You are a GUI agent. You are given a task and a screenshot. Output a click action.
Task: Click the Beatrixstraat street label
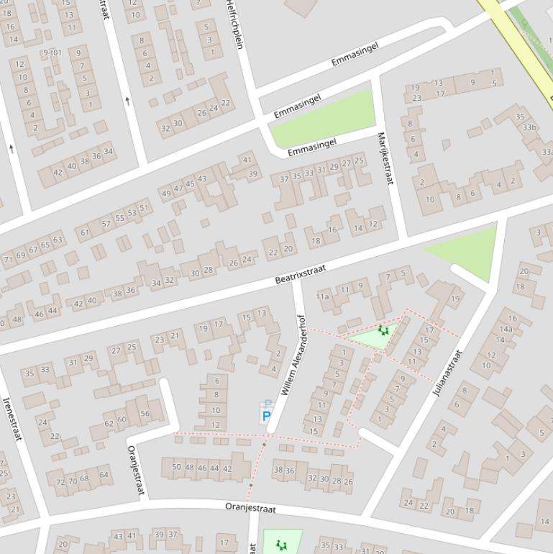point(300,273)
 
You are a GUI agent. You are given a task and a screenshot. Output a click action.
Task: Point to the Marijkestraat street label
point(385,158)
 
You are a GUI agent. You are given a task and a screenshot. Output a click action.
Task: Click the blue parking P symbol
point(266,416)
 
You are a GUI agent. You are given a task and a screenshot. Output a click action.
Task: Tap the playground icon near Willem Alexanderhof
point(383,330)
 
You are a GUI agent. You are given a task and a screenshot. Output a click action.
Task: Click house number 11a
point(322,296)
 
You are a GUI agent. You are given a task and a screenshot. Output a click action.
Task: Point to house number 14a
point(506,329)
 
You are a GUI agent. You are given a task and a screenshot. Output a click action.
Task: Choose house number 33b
point(530,127)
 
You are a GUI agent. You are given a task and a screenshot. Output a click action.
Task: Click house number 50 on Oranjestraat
point(176,467)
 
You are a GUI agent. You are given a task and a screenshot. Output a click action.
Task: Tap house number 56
point(145,413)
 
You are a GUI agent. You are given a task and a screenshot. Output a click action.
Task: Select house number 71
point(9,259)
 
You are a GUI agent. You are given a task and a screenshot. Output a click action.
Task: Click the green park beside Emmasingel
point(324,118)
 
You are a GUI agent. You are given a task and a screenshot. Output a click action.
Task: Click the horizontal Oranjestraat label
point(250,508)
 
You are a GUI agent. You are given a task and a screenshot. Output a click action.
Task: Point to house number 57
point(106,224)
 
